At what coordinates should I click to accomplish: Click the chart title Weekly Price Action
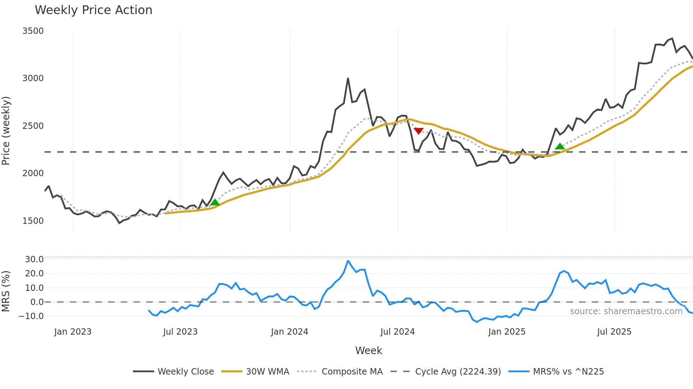[x=93, y=10]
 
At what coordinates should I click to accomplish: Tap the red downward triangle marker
[x=419, y=131]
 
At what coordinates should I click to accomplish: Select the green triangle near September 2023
[x=215, y=202]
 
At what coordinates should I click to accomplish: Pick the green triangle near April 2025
[x=560, y=146]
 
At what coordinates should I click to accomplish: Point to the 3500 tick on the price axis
[x=33, y=31]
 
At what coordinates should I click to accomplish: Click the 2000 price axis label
[x=33, y=173]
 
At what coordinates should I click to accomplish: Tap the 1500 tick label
[x=33, y=221]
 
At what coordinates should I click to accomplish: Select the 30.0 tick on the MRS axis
[x=34, y=259]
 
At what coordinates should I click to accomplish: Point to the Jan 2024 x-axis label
[x=290, y=332]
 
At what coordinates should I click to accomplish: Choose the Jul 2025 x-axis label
[x=614, y=332]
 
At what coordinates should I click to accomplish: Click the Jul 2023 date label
[x=180, y=332]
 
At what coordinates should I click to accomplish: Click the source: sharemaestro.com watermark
[x=626, y=311]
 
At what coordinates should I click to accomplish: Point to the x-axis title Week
[x=368, y=351]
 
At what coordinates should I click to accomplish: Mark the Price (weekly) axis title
[x=6, y=131]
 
